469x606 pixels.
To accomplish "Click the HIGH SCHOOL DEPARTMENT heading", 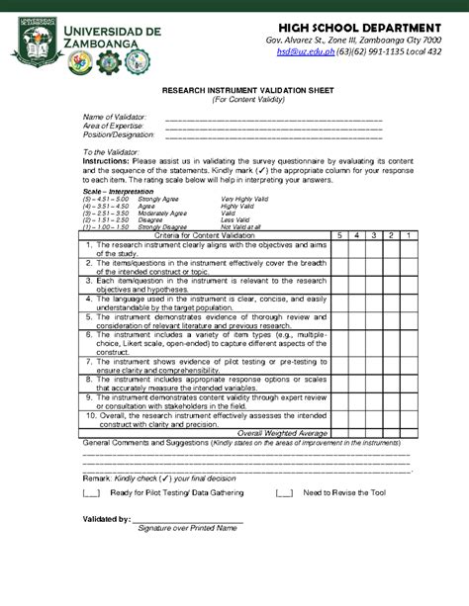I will coord(359,24).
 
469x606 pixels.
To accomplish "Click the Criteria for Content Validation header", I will coord(203,235).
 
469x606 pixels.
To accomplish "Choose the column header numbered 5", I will coord(339,235).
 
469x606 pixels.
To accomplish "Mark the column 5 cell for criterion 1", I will coord(339,249).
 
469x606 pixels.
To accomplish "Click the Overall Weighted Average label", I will coord(282,433).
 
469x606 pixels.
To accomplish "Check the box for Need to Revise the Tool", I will coord(284,491).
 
